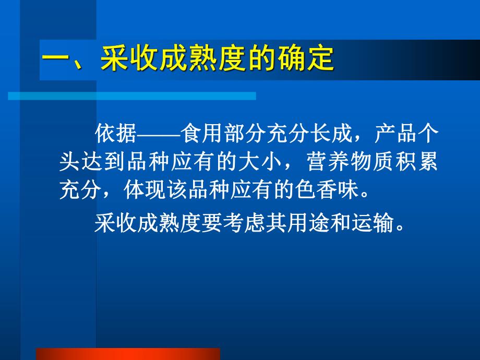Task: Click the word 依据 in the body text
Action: [116, 134]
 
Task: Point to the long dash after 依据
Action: [159, 134]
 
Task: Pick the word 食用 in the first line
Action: [202, 134]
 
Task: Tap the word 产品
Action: [396, 134]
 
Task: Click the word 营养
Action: [327, 161]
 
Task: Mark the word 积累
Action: [416, 161]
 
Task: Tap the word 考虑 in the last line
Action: [244, 223]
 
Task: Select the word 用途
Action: [308, 223]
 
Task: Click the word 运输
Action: [373, 223]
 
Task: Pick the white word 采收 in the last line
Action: [115, 223]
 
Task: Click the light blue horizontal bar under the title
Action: [132, 96]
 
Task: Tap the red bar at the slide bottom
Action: [128, 354]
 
